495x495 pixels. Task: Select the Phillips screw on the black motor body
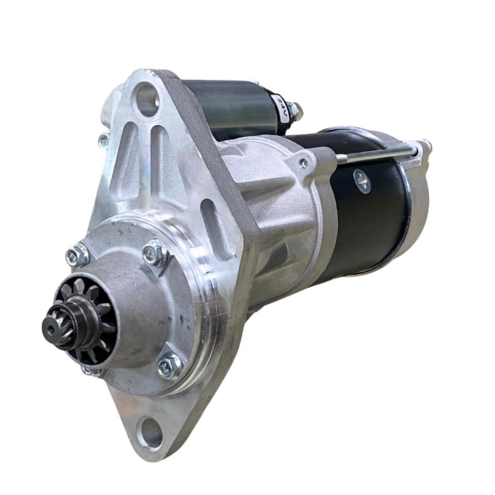pyautogui.click(x=362, y=181)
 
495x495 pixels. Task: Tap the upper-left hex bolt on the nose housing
pyautogui.click(x=77, y=254)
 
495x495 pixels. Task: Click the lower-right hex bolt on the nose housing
pyautogui.click(x=170, y=366)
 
